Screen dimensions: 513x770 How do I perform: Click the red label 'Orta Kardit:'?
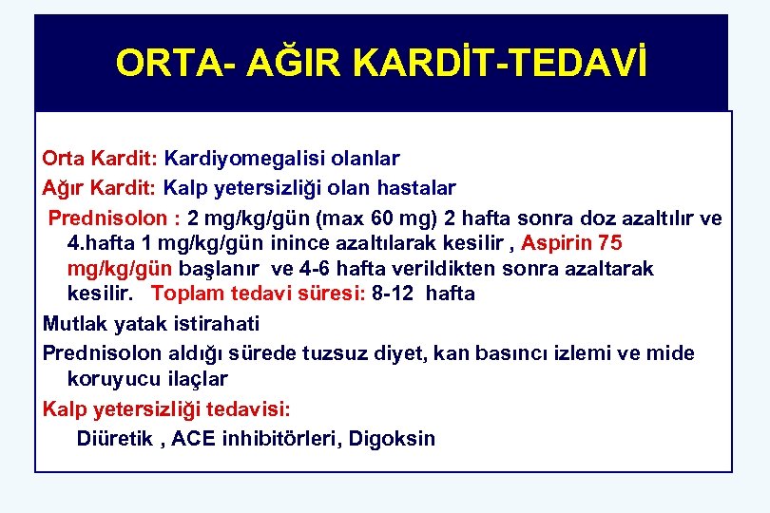coord(101,158)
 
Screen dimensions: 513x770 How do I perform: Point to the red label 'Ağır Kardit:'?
coord(101,188)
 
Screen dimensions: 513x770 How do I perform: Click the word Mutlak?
coord(74,324)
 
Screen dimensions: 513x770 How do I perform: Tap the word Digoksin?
coord(392,439)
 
